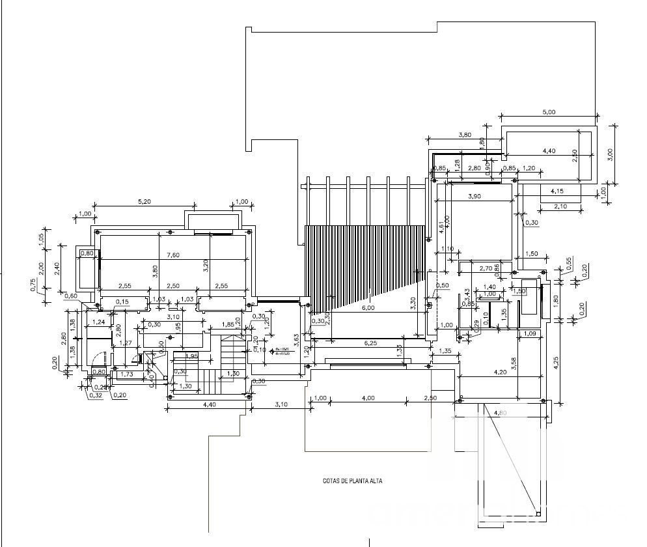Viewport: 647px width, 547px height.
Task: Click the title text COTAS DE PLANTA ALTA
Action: [352, 481]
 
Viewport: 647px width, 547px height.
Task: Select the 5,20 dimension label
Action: [145, 202]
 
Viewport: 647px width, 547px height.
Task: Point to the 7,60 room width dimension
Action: [172, 255]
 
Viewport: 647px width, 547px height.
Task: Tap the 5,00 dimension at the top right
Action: [549, 112]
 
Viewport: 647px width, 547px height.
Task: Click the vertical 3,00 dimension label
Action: [610, 153]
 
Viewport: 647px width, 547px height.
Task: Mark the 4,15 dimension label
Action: [558, 191]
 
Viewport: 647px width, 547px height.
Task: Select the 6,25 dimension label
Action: [372, 343]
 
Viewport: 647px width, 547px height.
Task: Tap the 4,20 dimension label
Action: [501, 372]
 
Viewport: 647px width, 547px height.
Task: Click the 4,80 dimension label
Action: [501, 413]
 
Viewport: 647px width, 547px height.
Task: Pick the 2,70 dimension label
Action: [486, 268]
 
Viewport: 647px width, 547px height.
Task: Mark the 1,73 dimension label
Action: [127, 374]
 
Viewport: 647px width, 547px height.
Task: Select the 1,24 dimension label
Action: [99, 322]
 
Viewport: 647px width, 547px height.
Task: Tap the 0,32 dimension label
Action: [96, 395]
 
